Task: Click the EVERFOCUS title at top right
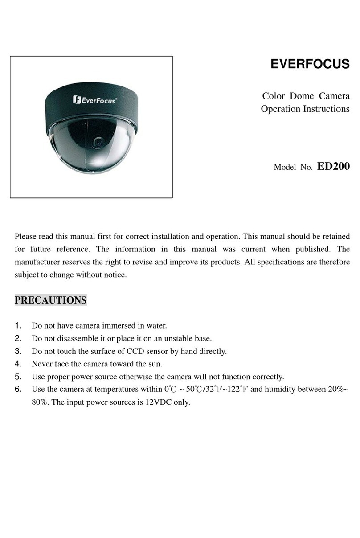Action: coord(310,65)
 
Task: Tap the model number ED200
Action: coord(333,167)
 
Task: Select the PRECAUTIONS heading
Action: coord(50,300)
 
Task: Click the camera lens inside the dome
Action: coord(98,142)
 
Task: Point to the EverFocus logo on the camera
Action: coord(95,100)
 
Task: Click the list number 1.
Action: coord(18,326)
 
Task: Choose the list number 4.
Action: coord(18,364)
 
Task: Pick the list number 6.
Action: coord(18,389)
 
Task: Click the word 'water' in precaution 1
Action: coord(156,326)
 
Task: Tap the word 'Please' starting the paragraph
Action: coord(27,236)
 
